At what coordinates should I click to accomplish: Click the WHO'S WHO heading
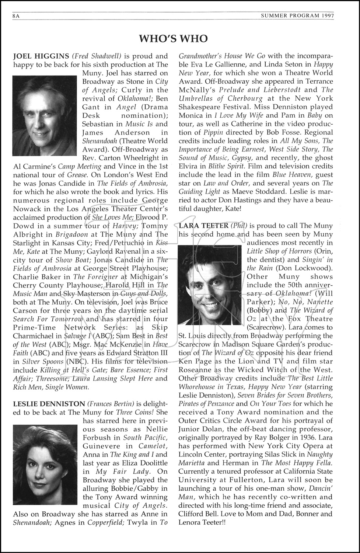[x=173, y=39]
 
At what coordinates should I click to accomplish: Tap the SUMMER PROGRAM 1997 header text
[x=297, y=16]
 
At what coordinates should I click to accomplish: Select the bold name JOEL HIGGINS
[x=41, y=56]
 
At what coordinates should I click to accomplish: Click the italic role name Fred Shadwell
[x=97, y=56]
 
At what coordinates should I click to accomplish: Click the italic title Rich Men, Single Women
[x=51, y=387]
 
